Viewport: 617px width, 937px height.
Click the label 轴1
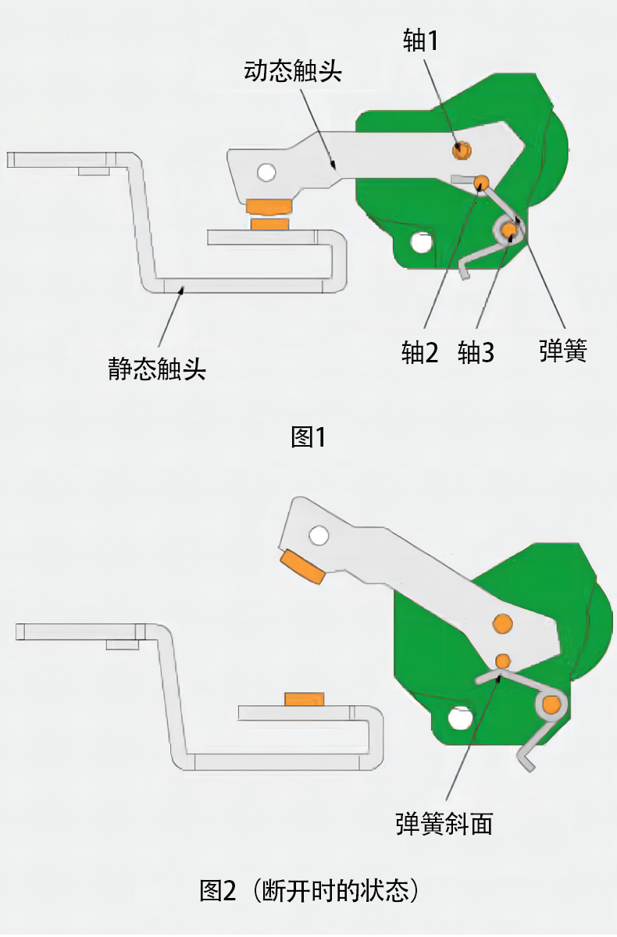420,41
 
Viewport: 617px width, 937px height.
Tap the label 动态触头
293,72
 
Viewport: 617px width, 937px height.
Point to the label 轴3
476,353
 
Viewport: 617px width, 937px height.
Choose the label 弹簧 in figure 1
562,351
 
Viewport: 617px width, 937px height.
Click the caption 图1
308,436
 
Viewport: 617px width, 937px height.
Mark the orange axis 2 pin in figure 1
481,181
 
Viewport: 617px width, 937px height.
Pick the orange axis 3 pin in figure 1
509,229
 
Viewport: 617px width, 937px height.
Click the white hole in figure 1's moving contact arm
266,171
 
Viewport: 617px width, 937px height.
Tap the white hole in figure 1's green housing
422,243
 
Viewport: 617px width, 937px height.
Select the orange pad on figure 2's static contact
305,698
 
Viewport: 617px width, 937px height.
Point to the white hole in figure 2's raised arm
319,535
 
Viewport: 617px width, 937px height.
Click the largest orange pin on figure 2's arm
503,623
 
